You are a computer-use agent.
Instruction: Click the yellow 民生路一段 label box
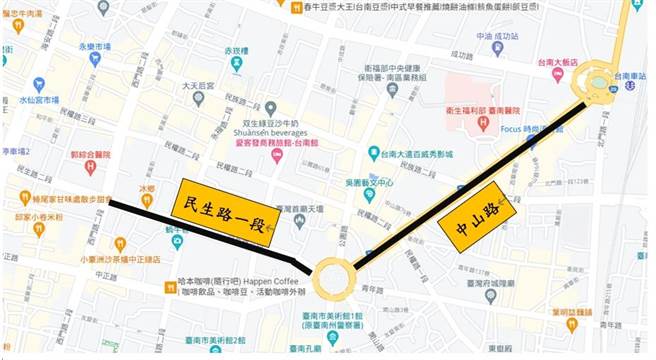coord(226,212)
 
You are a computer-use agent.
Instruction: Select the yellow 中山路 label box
coord(476,216)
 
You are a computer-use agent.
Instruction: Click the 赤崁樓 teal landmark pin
coord(236,64)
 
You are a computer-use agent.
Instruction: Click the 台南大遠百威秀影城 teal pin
coord(373,154)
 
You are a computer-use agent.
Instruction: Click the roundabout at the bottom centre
coord(333,278)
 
